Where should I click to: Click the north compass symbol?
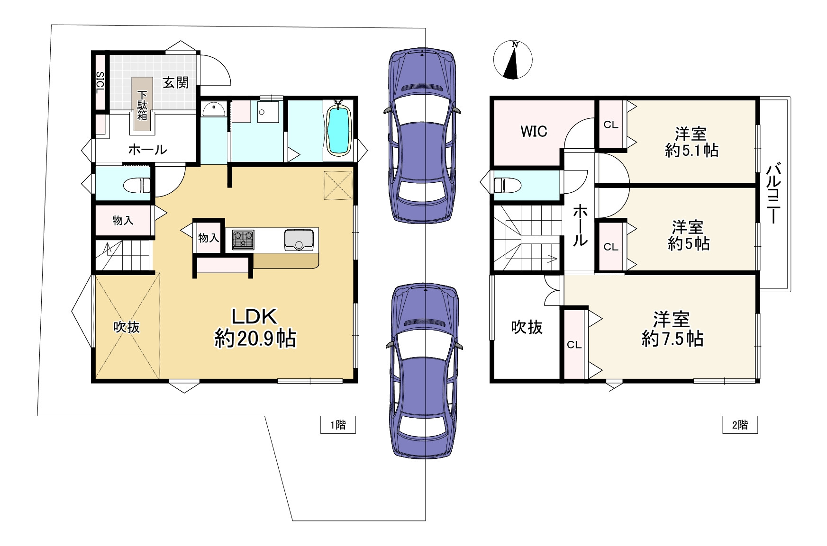[512, 60]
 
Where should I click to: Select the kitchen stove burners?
[243, 240]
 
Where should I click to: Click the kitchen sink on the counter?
[299, 240]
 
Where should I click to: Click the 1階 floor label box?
[338, 425]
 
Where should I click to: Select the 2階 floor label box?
[740, 425]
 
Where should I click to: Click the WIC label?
[534, 131]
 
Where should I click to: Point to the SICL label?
[100, 82]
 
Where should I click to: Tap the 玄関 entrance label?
[176, 82]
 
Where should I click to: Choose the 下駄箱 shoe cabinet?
[142, 104]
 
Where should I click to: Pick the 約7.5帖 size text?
[673, 339]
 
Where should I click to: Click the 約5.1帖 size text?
[691, 151]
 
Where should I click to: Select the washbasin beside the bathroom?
[213, 110]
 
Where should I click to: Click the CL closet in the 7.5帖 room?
[574, 344]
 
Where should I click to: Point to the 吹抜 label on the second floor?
[527, 327]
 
